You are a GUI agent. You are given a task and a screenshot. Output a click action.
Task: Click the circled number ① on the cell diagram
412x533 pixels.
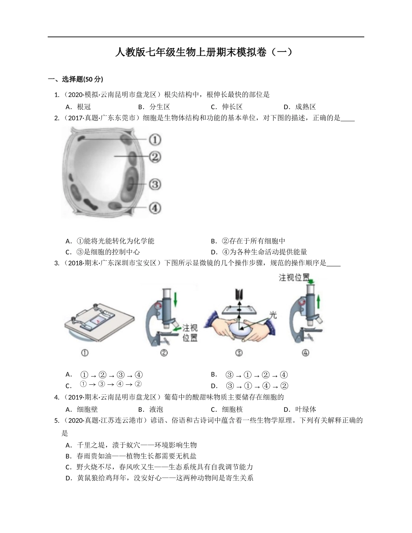tap(155, 140)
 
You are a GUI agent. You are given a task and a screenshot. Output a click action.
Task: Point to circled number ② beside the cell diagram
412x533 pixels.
tap(155, 156)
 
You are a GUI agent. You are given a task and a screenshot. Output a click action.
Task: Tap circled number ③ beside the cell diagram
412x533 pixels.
tap(155, 185)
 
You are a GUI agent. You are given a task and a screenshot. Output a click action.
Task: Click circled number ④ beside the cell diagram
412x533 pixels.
tap(155, 208)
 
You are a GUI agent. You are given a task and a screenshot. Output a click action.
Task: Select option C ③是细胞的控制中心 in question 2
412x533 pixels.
tap(102, 252)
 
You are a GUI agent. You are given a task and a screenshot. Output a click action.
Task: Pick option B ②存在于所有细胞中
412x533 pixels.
tap(248, 241)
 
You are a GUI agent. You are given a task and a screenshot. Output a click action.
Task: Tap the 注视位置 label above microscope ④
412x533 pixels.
tap(295, 278)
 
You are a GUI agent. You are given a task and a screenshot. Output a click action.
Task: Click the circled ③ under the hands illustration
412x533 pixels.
tap(239, 353)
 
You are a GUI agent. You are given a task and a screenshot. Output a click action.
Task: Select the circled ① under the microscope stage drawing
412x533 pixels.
tap(85, 353)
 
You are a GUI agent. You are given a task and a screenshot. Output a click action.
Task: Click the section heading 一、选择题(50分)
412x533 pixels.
tap(75, 79)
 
